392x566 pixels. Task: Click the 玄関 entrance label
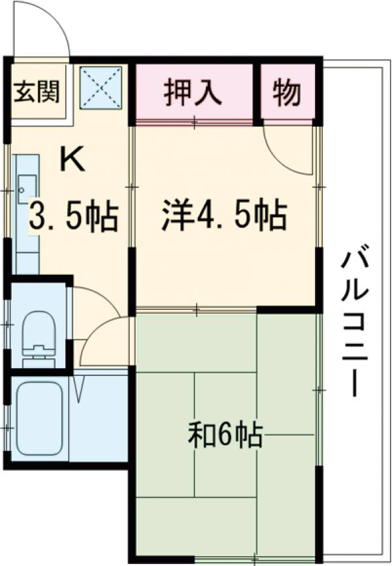coord(37,92)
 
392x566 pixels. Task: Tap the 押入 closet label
coord(193,93)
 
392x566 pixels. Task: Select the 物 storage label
coord(287,93)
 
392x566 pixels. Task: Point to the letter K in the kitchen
coord(72,159)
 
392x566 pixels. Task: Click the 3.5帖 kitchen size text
coord(73,217)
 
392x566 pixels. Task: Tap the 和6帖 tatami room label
coord(225,434)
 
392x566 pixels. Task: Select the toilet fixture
coord(39,330)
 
